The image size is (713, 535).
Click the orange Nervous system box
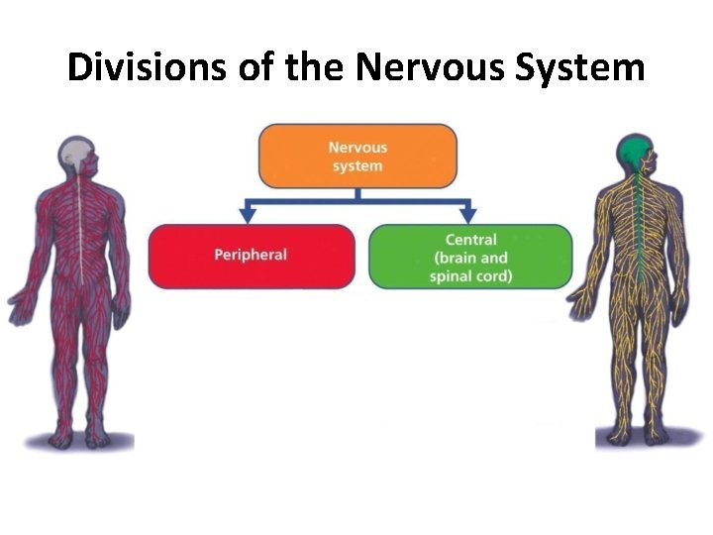[357, 156]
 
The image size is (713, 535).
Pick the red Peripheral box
[251, 256]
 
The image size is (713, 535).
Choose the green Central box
[470, 256]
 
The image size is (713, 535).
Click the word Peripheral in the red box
[251, 256]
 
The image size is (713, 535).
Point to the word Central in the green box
[470, 240]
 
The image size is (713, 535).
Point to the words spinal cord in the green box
[470, 275]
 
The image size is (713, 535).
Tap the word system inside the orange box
[357, 165]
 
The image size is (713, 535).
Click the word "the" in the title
[315, 67]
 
